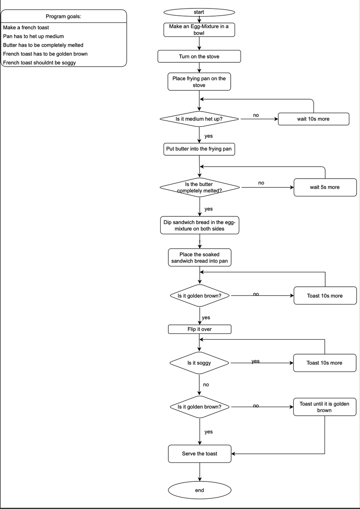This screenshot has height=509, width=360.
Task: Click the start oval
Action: tap(199, 12)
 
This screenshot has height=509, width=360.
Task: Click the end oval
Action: tap(200, 490)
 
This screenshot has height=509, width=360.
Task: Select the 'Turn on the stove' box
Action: tap(199, 56)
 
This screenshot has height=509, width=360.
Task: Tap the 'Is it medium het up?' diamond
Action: tap(199, 119)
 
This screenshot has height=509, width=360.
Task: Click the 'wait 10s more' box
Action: tap(313, 119)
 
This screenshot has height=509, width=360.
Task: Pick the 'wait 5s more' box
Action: tap(325, 187)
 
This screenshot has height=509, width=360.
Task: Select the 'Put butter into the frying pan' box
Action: tap(199, 149)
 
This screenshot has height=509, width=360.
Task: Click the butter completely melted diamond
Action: tap(200, 187)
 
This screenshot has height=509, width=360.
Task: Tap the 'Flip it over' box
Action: tap(200, 329)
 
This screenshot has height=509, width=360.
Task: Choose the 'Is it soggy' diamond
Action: tap(199, 363)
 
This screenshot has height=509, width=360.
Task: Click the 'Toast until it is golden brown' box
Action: tap(324, 407)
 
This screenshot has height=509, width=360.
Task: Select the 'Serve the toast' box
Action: tap(200, 454)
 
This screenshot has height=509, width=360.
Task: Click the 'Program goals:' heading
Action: tap(63, 17)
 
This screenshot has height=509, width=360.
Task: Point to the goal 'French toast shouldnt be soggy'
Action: tap(39, 62)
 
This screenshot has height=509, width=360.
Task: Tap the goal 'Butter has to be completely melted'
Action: tap(43, 45)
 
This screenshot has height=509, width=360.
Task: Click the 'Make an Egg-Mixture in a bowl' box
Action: tap(199, 30)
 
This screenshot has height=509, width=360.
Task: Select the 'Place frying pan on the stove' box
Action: tap(199, 81)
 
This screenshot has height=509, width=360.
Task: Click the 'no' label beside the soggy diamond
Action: tap(206, 384)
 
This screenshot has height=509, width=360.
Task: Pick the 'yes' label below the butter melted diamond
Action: tap(209, 209)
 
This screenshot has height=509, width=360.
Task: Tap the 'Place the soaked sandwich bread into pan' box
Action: tap(200, 257)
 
